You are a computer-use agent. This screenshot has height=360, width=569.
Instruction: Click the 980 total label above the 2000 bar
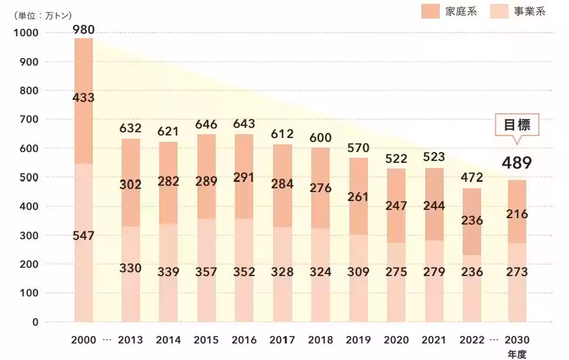pyautogui.click(x=83, y=29)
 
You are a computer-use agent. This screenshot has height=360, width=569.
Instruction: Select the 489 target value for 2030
pyautogui.click(x=516, y=163)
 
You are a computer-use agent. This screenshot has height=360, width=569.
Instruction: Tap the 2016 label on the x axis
pyautogui.click(x=244, y=340)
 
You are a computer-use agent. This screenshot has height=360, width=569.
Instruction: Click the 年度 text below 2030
pyautogui.click(x=517, y=354)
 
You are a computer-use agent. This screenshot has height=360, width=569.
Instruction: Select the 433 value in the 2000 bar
pyautogui.click(x=83, y=97)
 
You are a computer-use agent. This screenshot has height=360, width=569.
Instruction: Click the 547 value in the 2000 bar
pyautogui.click(x=83, y=236)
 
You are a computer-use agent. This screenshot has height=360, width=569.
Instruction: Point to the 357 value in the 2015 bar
pyautogui.click(x=206, y=272)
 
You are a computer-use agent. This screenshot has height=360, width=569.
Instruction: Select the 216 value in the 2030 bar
pyautogui.click(x=516, y=214)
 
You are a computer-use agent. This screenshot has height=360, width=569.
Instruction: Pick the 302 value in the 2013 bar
pyautogui.click(x=130, y=185)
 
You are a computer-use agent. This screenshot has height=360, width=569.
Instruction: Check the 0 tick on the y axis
pyautogui.click(x=35, y=322)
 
